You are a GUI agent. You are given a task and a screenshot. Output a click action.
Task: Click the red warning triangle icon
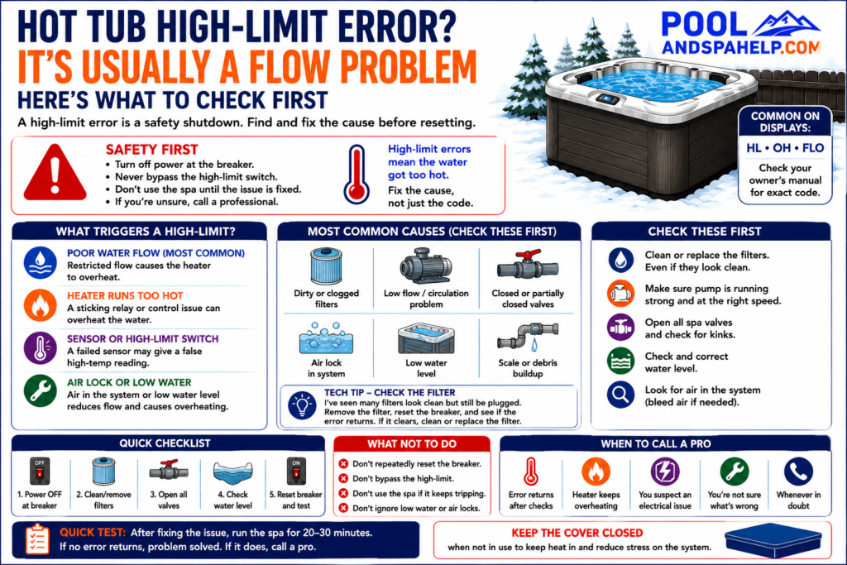pyautogui.click(x=55, y=173)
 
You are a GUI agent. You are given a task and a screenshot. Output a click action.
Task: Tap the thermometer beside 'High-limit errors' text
pyautogui.click(x=357, y=175)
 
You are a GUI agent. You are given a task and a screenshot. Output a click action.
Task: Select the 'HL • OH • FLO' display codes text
pyautogui.click(x=785, y=148)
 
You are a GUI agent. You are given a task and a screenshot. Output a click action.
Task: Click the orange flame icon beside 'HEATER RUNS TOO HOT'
pyautogui.click(x=40, y=305)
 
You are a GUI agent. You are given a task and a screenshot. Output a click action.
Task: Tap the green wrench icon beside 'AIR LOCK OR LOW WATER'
pyautogui.click(x=40, y=391)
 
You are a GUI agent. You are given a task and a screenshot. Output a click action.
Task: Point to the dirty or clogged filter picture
pyautogui.click(x=326, y=266)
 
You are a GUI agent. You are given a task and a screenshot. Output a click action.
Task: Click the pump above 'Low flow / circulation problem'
pyautogui.click(x=426, y=266)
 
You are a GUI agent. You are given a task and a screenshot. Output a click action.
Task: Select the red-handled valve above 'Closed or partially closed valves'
pyautogui.click(x=527, y=265)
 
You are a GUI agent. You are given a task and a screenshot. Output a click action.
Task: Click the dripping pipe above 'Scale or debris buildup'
pyautogui.click(x=527, y=338)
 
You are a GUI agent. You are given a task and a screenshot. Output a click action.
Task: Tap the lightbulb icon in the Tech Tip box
pyautogui.click(x=302, y=405)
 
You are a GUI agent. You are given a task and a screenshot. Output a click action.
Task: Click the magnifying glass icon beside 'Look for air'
pyautogui.click(x=620, y=395)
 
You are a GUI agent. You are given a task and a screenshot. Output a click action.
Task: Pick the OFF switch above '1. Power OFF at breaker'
pyautogui.click(x=40, y=471)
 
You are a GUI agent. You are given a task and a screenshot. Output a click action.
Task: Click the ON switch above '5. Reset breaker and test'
pyautogui.click(x=296, y=471)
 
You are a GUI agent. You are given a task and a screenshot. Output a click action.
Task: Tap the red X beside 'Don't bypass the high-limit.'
pyautogui.click(x=343, y=479)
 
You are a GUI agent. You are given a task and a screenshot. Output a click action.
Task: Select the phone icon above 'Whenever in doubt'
pyautogui.click(x=798, y=472)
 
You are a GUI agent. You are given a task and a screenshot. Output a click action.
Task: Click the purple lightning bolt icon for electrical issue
pyautogui.click(x=665, y=472)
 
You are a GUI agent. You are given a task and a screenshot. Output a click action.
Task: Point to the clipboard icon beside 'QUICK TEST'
pyautogui.click(x=37, y=539)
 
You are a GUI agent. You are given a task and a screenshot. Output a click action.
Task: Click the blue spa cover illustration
pyautogui.click(x=773, y=540)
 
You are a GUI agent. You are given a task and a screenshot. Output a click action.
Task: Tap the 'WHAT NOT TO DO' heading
pyautogui.click(x=412, y=444)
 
